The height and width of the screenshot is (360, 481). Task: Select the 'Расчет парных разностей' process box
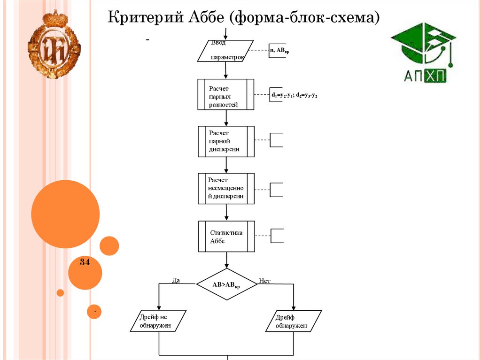pos(226,94)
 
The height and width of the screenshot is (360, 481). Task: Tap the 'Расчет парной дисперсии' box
pos(226,141)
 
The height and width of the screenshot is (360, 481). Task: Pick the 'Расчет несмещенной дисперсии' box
pos(226,188)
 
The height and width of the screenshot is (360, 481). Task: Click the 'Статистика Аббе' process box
pos(226,236)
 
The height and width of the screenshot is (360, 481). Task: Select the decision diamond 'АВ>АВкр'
pos(226,284)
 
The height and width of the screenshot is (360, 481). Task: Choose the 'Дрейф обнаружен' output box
pos(294,321)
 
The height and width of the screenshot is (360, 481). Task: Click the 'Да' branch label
pos(176,280)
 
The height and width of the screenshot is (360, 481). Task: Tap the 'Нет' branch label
pos(264,281)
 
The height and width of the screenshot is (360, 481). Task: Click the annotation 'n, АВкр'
pos(279,50)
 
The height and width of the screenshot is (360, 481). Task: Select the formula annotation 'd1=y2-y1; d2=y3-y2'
pos(295,95)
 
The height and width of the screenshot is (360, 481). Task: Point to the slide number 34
pos(85,262)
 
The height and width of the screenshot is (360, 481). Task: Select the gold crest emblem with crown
pos(54,45)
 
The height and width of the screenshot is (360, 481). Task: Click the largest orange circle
pos(65,214)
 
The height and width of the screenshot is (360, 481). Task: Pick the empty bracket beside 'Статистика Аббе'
pos(277,236)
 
